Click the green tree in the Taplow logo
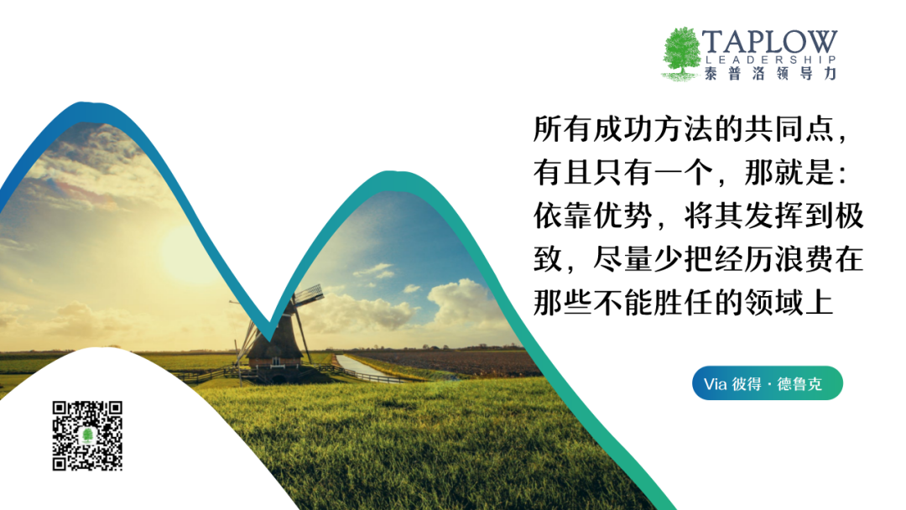682,53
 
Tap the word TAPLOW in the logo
769,42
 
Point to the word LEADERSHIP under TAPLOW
771,60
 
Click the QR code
87,435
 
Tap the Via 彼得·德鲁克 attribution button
768,383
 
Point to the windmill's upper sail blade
309,294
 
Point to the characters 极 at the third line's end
849,216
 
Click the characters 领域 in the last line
773,302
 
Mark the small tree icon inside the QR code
88,435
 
